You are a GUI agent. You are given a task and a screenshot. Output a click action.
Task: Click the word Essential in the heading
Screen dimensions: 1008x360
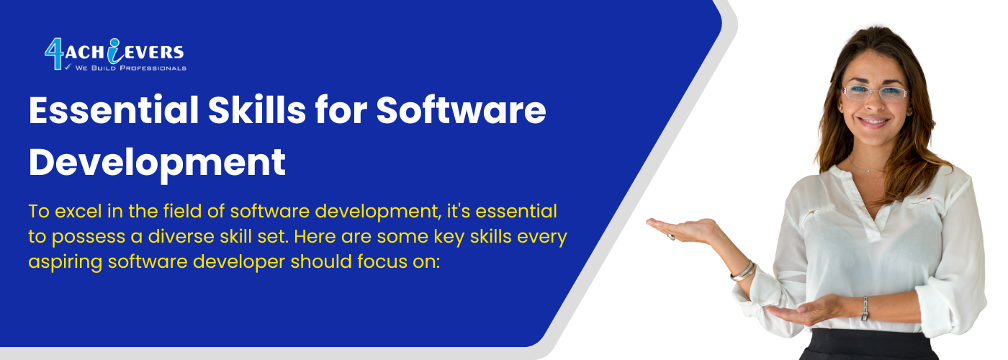[114, 109]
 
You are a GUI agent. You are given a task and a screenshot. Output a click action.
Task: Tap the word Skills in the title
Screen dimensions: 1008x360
[257, 109]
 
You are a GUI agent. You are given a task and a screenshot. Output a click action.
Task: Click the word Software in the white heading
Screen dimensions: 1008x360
[461, 109]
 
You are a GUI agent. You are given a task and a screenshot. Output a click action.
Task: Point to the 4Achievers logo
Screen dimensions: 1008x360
[115, 55]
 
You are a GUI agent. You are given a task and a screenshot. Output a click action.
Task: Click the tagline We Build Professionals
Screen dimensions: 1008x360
[130, 68]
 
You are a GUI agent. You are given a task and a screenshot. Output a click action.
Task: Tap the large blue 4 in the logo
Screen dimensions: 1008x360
[54, 54]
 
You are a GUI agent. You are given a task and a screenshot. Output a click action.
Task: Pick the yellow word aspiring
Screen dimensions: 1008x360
[65, 263]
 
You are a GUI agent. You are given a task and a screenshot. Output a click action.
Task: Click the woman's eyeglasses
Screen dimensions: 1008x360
[874, 93]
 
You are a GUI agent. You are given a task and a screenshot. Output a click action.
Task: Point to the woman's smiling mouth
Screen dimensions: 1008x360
[873, 122]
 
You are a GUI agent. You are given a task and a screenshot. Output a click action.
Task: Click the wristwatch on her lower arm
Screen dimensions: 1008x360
[865, 309]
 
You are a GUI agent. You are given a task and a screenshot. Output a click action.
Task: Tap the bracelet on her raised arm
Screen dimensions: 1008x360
[743, 272]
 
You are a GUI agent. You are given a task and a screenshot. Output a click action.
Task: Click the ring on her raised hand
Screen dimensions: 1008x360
[671, 237]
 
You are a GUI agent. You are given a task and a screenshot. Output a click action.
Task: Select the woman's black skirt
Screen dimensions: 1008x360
[868, 345]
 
